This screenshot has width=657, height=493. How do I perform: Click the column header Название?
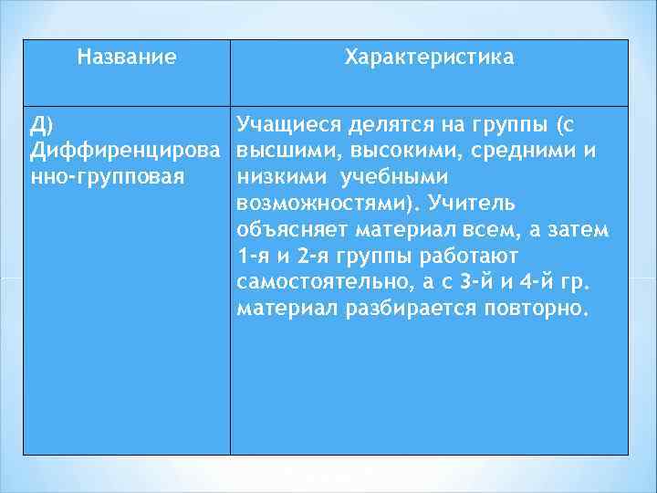pos(127,58)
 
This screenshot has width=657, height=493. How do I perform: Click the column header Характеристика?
pos(429,58)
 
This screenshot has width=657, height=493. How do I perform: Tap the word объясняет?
pos(287,227)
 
